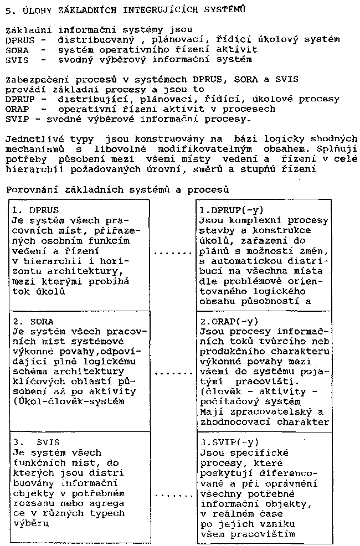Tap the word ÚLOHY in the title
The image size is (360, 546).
[x=33, y=9]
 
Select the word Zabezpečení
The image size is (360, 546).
[x=33, y=79]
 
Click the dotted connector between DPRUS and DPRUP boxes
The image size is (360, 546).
[x=173, y=253]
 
